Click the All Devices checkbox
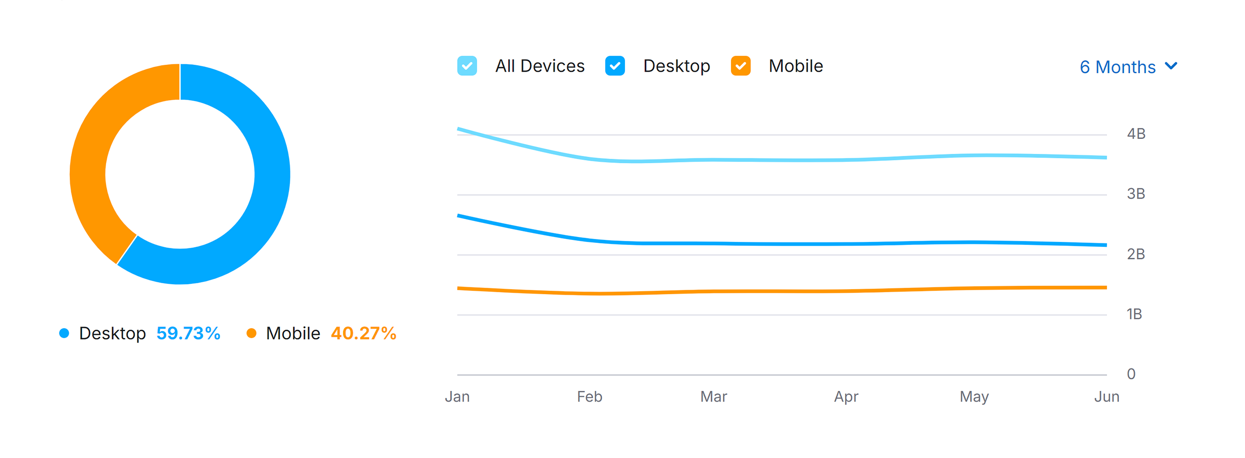(x=467, y=66)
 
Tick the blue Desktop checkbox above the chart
(x=615, y=66)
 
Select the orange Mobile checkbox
(x=741, y=66)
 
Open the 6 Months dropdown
(x=1128, y=67)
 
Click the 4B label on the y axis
(x=1136, y=134)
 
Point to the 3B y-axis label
(x=1136, y=194)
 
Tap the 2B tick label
(x=1136, y=254)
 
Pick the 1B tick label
(x=1134, y=314)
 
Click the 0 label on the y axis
(x=1131, y=374)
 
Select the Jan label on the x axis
(x=457, y=397)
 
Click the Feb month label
(x=590, y=397)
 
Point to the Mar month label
(x=714, y=397)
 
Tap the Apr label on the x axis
(x=846, y=397)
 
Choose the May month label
(x=974, y=397)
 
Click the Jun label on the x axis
(x=1107, y=397)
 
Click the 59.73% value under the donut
(x=188, y=333)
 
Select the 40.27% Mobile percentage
(x=364, y=333)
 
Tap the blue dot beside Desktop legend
(x=64, y=333)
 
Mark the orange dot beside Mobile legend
(x=251, y=333)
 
